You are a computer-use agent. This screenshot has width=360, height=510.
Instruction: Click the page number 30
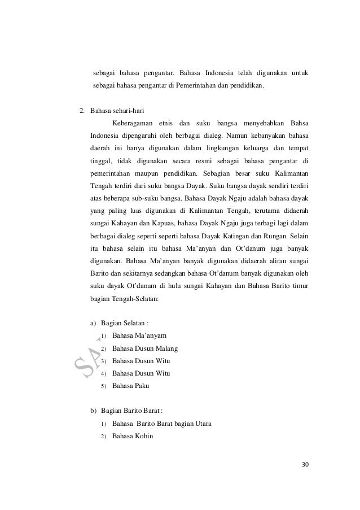click(306, 465)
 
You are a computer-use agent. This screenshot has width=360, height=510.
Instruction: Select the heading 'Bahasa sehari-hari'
click(117, 110)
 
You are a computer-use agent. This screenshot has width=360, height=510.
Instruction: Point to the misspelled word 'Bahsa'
click(300, 123)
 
